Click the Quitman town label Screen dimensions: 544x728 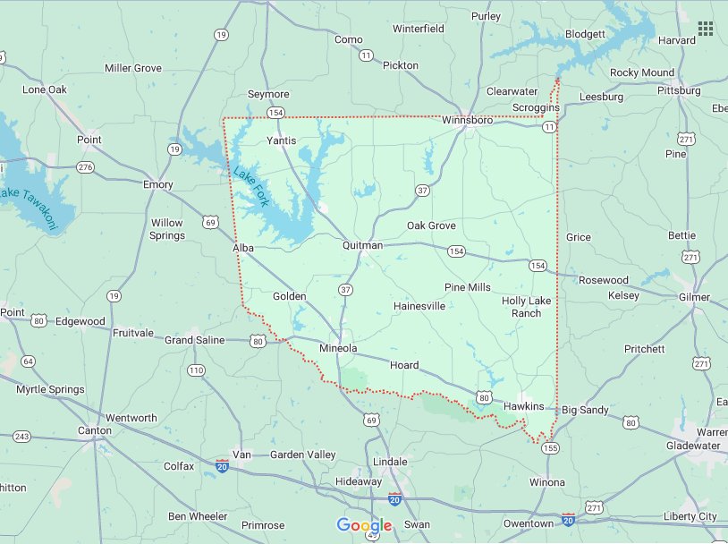[362, 245]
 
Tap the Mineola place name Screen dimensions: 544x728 [338, 348]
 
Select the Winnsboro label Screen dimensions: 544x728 [468, 119]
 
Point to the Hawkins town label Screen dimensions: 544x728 [523, 406]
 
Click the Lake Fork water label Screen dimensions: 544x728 [250, 187]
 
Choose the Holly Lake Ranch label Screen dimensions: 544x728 [526, 307]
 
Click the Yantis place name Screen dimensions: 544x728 [281, 140]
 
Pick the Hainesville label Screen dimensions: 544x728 [419, 306]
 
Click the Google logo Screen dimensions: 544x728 [364, 525]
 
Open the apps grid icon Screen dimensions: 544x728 [706, 29]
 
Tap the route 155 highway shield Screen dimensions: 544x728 [551, 446]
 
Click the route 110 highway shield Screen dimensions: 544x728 [196, 370]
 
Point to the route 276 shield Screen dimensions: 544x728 [85, 167]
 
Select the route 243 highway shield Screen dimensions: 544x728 [21, 437]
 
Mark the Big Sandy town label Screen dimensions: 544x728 [585, 410]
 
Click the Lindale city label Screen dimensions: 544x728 [390, 462]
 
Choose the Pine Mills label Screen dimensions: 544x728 [468, 287]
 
